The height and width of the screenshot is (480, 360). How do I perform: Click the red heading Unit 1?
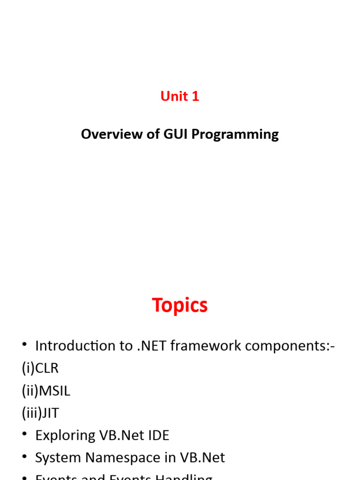(180, 96)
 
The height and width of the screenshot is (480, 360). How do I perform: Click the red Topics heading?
(180, 305)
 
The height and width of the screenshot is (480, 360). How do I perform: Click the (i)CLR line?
(40, 368)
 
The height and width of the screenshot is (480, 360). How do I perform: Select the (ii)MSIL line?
(46, 390)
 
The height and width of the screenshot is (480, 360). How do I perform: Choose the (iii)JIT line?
(40, 413)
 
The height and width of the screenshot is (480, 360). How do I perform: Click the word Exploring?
(65, 435)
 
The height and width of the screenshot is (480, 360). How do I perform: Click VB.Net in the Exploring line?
(121, 435)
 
